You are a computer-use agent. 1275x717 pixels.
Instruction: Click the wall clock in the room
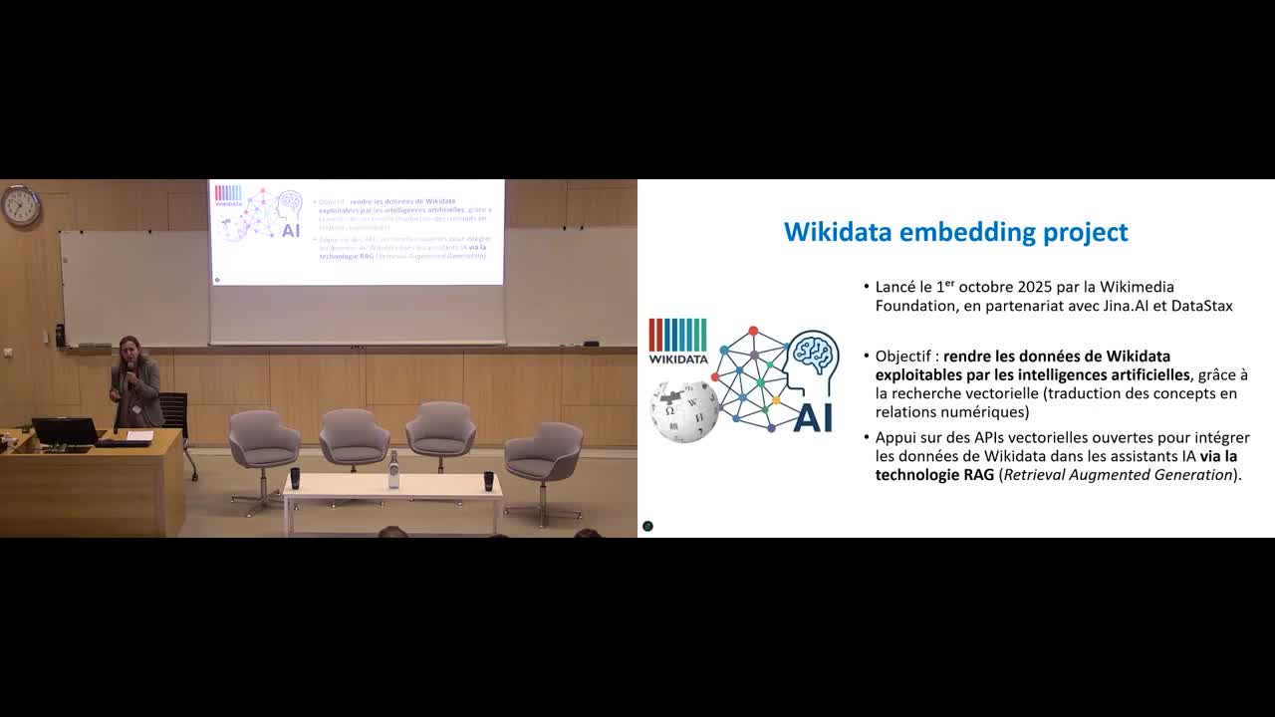pos(20,206)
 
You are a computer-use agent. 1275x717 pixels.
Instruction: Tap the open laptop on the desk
pos(65,432)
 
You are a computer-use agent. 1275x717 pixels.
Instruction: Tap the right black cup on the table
pos(487,479)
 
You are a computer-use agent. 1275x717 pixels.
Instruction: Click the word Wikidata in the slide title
pos(838,232)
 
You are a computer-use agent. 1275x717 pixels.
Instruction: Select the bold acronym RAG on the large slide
pos(980,475)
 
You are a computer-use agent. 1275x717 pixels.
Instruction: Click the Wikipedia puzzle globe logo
pos(684,409)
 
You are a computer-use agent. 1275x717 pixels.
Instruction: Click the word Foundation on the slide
pos(915,306)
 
